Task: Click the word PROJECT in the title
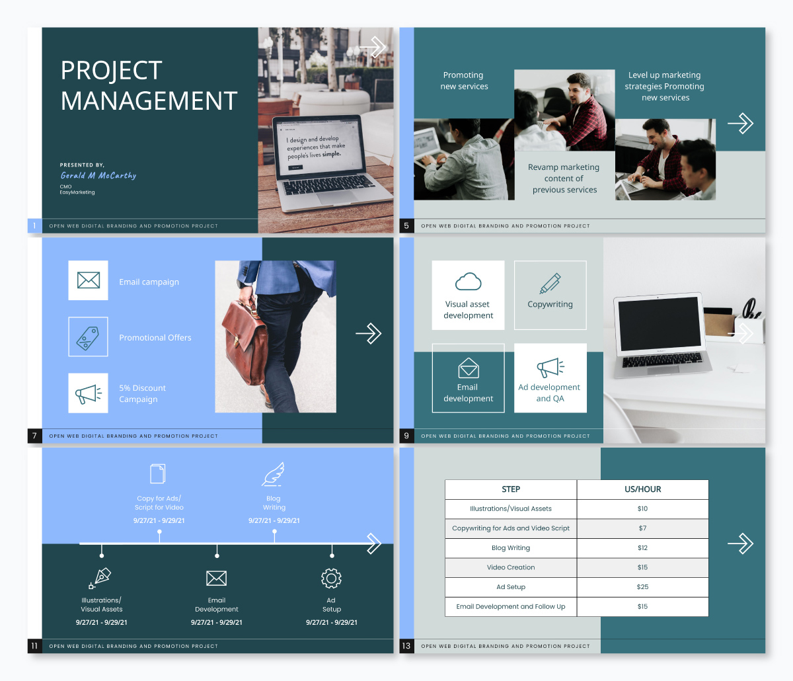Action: [x=111, y=71]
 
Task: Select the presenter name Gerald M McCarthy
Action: [x=98, y=176]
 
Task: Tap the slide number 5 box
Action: [x=406, y=225]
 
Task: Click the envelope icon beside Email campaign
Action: [x=89, y=280]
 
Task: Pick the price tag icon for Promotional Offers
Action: [x=88, y=337]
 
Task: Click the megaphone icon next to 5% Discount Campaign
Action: [x=89, y=394]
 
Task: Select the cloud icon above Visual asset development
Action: [x=468, y=282]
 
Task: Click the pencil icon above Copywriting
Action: [x=550, y=283]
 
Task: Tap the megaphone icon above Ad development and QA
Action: [x=550, y=368]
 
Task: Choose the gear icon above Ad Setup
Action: [x=331, y=578]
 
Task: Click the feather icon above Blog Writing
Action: [x=273, y=474]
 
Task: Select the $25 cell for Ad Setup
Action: [x=642, y=586]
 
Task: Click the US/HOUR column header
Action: [x=642, y=489]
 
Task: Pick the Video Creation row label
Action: [x=511, y=567]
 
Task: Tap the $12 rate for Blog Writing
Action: [x=642, y=547]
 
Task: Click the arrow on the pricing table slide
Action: [x=740, y=543]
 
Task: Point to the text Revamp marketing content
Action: [x=564, y=173]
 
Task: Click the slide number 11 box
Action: [x=34, y=646]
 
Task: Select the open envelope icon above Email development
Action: [x=468, y=368]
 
